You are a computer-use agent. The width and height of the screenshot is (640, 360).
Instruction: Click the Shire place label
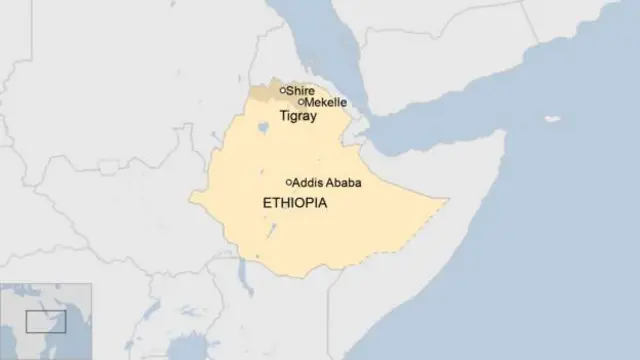point(301,90)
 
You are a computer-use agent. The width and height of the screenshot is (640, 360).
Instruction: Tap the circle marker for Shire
point(283,90)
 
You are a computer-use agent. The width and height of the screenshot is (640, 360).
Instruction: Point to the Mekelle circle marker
point(301,101)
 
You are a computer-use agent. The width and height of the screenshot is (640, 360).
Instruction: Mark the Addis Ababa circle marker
point(289,182)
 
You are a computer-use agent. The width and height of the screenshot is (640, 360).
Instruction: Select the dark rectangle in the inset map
point(46,322)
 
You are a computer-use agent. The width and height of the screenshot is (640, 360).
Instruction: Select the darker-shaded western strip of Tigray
point(262,91)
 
